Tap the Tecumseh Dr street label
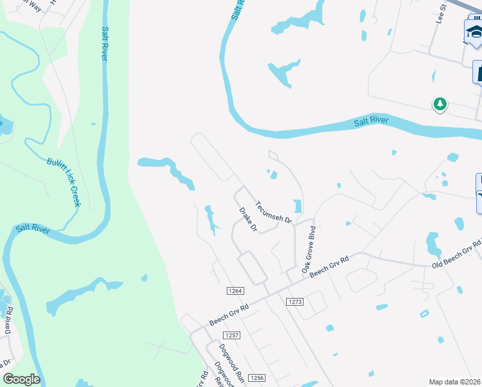pos(273,212)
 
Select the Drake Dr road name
pos(248,219)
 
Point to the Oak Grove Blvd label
pos(307,249)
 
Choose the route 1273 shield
pos(295,301)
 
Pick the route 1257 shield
pos(231,335)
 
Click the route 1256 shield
pos(256,378)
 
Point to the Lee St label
pos(442,14)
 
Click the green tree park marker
pos(440,104)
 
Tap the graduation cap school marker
pos(474,32)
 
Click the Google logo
pos(21,379)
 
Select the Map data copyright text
pos(455,382)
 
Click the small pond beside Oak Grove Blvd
pos(297,206)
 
